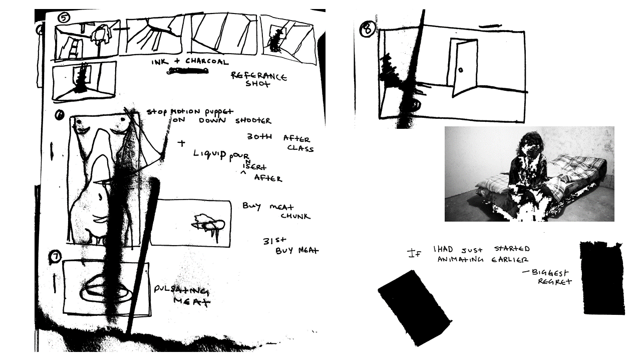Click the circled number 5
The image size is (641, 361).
[x=64, y=18]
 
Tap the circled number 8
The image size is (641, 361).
[x=367, y=29]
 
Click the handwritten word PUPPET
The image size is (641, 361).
[x=218, y=111]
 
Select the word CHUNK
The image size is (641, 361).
[x=295, y=216]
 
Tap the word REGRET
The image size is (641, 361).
[x=554, y=282]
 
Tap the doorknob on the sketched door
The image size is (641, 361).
[x=461, y=69]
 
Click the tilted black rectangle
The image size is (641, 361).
[x=414, y=307]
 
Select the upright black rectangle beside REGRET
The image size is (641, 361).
[x=602, y=278]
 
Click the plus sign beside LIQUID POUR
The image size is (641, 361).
[x=181, y=143]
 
